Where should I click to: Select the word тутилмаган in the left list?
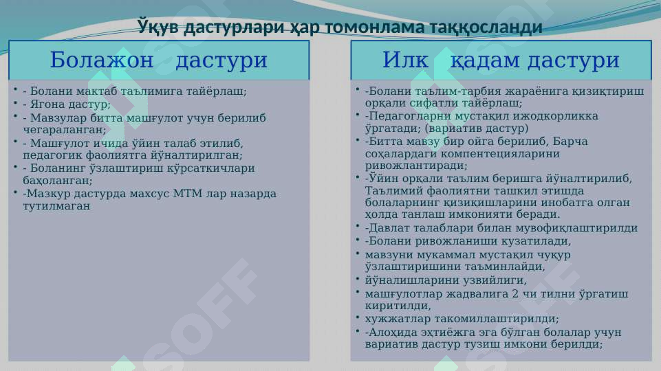56,205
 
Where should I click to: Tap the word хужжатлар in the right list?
395,319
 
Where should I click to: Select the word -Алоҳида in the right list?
390,333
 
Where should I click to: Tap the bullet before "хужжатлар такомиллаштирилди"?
358,317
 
